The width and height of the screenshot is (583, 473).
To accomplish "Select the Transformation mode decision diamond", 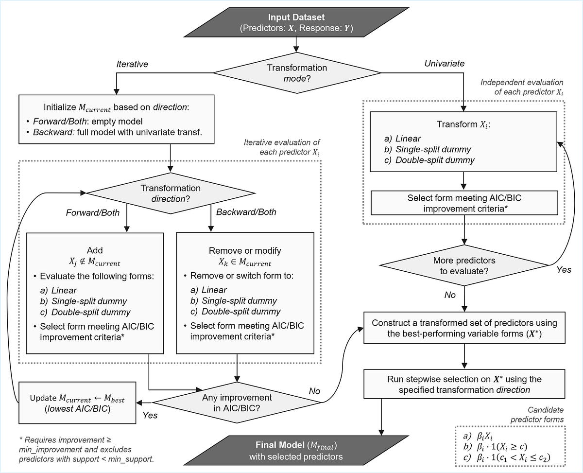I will pyautogui.click(x=297, y=73).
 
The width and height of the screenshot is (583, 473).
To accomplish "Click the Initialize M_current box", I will pyautogui.click(x=116, y=119).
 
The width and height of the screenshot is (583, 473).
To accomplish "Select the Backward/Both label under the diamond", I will pyautogui.click(x=246, y=212).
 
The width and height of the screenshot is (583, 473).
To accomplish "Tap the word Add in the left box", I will pyautogui.click(x=95, y=250).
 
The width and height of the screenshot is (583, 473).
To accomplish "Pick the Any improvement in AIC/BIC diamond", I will pyautogui.click(x=237, y=403).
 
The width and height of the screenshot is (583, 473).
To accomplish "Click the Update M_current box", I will pyautogui.click(x=77, y=403).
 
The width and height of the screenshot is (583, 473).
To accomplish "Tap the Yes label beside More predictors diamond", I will pyautogui.click(x=564, y=269).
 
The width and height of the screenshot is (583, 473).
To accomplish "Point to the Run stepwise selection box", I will pyautogui.click(x=464, y=384).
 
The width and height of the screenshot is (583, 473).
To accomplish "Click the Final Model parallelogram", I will pyautogui.click(x=296, y=451).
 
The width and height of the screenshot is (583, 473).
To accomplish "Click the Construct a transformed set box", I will pyautogui.click(x=464, y=328).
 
